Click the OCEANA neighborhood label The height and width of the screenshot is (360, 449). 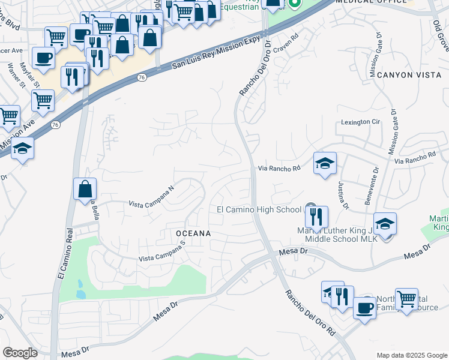pos(193,233)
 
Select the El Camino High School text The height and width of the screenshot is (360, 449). pos(259,209)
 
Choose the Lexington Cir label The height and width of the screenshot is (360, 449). pos(361,122)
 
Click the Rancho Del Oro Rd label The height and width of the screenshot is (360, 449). pos(310,313)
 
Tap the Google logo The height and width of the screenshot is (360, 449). pos(20,353)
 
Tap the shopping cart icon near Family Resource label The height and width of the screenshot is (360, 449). pos(407,298)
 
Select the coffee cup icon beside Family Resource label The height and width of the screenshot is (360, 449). pos(364,308)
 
